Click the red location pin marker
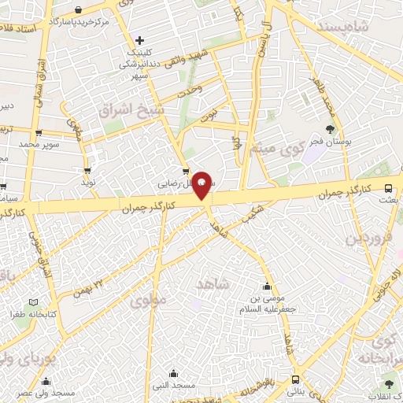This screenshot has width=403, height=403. pos(202,184)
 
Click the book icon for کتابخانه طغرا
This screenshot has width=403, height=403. pos(32,301)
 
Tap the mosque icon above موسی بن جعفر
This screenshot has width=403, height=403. pos(268,287)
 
